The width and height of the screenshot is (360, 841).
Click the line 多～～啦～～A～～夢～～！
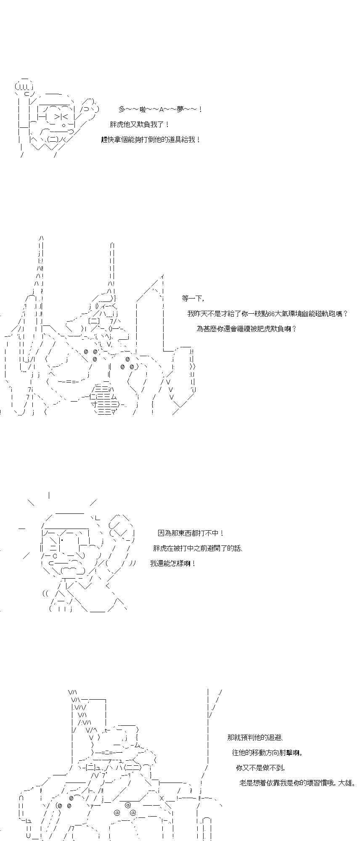click(x=161, y=109)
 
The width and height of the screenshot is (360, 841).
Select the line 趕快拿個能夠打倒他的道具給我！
click(x=151, y=140)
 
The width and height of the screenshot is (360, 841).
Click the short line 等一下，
click(x=193, y=299)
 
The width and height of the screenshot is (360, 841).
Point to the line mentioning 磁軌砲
click(x=267, y=314)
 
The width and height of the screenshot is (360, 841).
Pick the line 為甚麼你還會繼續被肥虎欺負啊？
click(x=246, y=328)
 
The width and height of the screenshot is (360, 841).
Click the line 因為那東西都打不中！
click(x=191, y=533)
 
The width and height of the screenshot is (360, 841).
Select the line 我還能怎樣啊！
click(x=173, y=563)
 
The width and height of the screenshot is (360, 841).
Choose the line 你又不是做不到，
click(x=261, y=768)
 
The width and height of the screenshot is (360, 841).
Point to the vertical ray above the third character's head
click(x=50, y=495)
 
